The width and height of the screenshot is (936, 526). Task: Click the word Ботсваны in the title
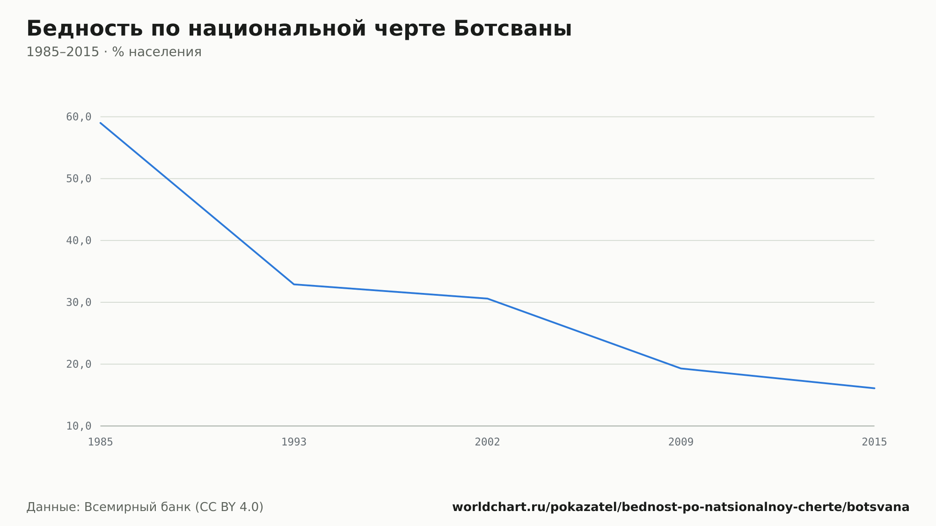pos(512,29)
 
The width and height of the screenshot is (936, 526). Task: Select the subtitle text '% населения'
pos(157,52)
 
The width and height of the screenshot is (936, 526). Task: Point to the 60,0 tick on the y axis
pos(79,117)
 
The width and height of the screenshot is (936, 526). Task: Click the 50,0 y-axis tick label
pos(79,179)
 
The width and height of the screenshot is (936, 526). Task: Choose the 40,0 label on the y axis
pos(79,241)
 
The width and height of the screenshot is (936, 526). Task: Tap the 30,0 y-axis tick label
pos(79,302)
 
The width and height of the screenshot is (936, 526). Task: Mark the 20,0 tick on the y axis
pos(79,364)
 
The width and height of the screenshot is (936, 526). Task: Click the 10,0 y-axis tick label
pos(79,426)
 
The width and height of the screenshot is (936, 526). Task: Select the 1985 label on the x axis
pos(101,442)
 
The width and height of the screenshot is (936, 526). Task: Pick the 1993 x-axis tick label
pos(294,442)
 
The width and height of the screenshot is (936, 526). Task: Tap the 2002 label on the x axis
pos(488,442)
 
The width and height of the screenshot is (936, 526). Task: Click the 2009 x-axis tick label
pos(681,442)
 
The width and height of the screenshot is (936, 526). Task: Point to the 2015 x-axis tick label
pos(874,442)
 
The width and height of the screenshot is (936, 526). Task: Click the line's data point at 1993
pos(294,284)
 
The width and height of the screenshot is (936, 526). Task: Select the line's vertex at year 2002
pos(488,299)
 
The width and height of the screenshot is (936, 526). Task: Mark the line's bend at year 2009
pos(681,368)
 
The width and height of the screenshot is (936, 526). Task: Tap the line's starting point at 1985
pos(101,123)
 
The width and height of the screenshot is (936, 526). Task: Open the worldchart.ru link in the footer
pos(681,507)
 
